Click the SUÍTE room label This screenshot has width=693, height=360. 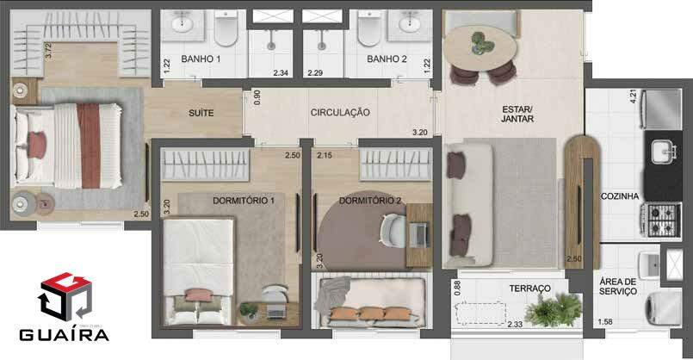tap(201, 113)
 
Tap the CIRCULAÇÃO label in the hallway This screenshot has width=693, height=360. tap(340, 112)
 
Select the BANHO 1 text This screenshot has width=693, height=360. tap(201, 59)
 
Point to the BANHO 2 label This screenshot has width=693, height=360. tap(387, 59)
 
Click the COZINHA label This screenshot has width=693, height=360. tap(620, 196)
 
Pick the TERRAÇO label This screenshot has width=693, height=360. tap(530, 289)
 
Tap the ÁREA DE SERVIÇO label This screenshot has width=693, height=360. tap(618, 286)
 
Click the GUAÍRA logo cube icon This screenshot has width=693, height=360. tap(65, 296)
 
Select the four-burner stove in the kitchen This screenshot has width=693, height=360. tap(661, 220)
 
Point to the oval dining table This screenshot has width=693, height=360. tap(480, 47)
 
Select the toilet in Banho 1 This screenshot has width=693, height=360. tap(226, 28)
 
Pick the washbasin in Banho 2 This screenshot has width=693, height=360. tap(409, 22)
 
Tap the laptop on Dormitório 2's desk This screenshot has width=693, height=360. tap(418, 235)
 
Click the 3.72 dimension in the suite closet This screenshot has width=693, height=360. tap(48, 50)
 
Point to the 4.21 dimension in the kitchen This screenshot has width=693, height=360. tap(634, 96)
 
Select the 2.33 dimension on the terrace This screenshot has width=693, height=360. tap(515, 324)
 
